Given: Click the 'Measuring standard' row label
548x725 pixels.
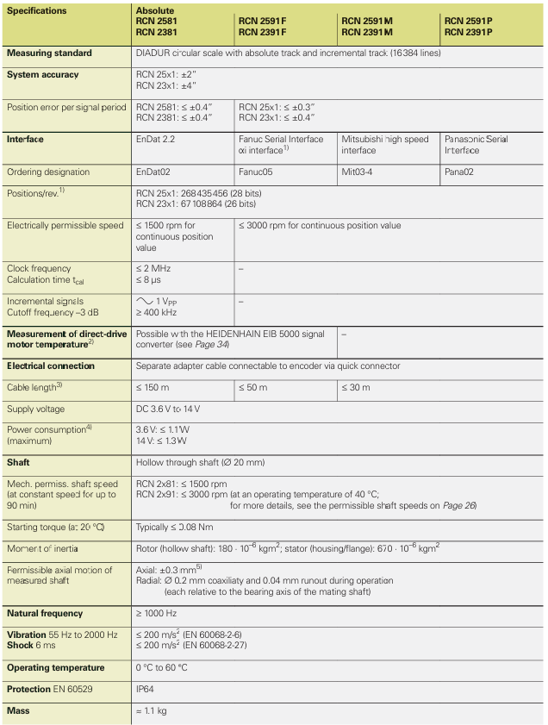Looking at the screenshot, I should pyautogui.click(x=49, y=53).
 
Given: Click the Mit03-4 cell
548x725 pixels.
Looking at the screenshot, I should pyautogui.click(x=360, y=172).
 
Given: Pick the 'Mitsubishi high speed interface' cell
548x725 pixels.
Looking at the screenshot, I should pyautogui.click(x=384, y=145).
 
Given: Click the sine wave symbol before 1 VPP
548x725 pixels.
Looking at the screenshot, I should pyautogui.click(x=144, y=300).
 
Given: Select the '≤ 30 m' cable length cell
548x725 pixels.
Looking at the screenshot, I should pyautogui.click(x=357, y=388).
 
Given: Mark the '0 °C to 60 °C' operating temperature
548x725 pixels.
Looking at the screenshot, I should pyautogui.click(x=162, y=668).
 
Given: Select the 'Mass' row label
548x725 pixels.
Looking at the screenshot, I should pyautogui.click(x=18, y=711).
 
